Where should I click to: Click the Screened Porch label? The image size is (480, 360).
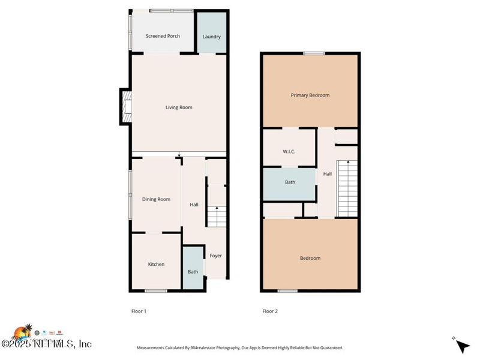pyautogui.click(x=163, y=36)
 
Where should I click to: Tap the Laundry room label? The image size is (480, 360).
pyautogui.click(x=211, y=37)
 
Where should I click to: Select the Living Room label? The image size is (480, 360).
pyautogui.click(x=179, y=107)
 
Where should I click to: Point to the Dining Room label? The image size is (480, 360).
pyautogui.click(x=156, y=199)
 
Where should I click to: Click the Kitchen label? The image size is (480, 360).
pyautogui.click(x=156, y=264)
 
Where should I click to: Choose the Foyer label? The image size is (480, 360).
pyautogui.click(x=215, y=256)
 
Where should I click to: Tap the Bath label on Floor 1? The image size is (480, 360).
pyautogui.click(x=193, y=272)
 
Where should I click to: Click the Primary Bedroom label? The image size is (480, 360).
pyautogui.click(x=310, y=95)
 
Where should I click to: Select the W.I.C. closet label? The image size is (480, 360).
pyautogui.click(x=289, y=151)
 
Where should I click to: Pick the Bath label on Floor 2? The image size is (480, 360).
pyautogui.click(x=290, y=182)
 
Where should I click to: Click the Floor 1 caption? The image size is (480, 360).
pyautogui.click(x=139, y=311)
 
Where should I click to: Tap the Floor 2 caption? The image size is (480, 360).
pyautogui.click(x=270, y=311)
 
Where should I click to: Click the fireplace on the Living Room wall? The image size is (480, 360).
pyautogui.click(x=126, y=107)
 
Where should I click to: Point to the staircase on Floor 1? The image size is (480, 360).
pyautogui.click(x=216, y=216)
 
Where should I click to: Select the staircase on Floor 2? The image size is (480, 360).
pyautogui.click(x=347, y=188)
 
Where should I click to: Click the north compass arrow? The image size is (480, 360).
pyautogui.click(x=461, y=346)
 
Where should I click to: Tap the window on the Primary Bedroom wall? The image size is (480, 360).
pyautogui.click(x=310, y=53)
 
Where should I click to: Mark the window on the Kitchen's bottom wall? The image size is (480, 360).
pyautogui.click(x=156, y=291)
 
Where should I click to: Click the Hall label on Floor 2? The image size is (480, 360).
pyautogui.click(x=327, y=174)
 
